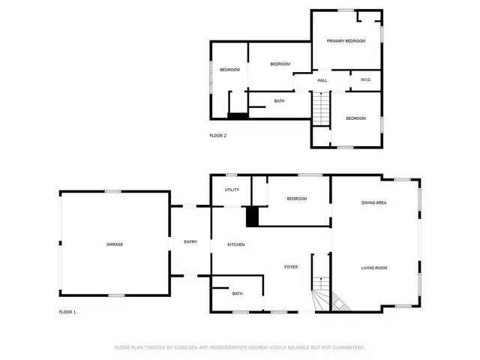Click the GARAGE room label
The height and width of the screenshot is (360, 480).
point(114,244)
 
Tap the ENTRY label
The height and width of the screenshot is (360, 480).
point(190,241)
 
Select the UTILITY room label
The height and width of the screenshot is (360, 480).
point(232,190)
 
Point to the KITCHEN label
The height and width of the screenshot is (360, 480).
point(236,244)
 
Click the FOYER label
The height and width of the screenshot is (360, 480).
point(291,267)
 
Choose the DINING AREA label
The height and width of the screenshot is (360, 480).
point(373,202)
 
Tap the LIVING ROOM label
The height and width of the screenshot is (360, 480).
point(373,268)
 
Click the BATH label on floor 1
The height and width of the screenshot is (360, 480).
point(237,293)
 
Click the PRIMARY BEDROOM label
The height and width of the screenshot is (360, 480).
point(346,41)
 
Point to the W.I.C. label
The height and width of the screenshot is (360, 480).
point(366,80)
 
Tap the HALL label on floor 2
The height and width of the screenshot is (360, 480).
point(322,80)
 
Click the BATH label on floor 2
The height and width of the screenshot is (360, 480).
point(279,101)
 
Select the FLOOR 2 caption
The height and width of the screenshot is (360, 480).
point(217,136)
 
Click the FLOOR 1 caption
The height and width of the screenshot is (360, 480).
point(67,311)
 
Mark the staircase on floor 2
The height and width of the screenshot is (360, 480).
point(321,108)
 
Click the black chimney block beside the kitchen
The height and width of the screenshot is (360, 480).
point(253,216)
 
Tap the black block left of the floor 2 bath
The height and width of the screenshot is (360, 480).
point(238,115)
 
